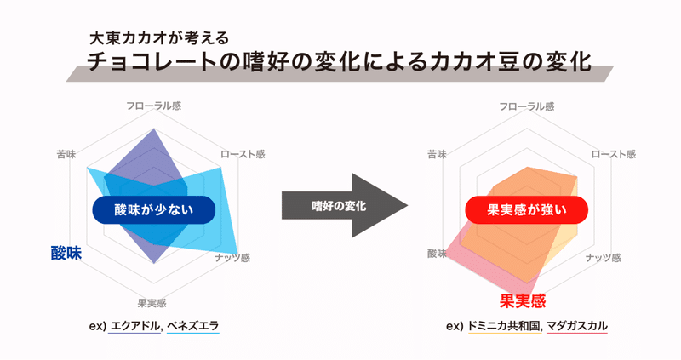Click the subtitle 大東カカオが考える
158,38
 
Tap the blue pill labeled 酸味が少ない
154,210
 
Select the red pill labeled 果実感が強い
526,210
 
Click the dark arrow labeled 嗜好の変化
345,205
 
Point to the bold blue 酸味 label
66,253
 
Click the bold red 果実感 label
523,301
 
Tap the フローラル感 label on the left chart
154,106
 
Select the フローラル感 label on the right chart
526,106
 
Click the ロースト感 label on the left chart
243,154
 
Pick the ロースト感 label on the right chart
614,154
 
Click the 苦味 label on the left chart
66,154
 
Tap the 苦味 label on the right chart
437,154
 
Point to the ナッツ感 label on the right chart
604,258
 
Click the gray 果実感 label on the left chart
152,303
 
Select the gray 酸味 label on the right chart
437,254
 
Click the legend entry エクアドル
136,326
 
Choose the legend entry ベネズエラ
193,326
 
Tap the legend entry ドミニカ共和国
505,326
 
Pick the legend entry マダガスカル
577,326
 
